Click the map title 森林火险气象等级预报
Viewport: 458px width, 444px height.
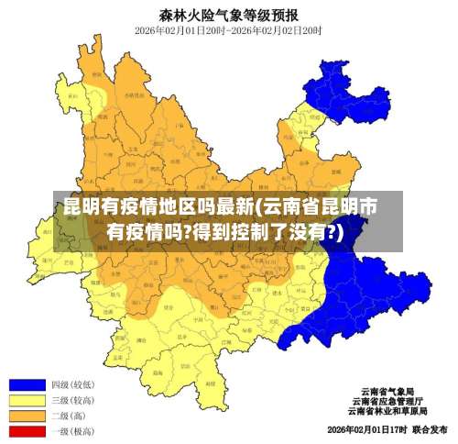click(228, 14)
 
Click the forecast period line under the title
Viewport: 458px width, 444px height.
click(228, 30)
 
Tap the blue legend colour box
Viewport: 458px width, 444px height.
click(27, 384)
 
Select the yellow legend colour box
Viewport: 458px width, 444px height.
click(27, 400)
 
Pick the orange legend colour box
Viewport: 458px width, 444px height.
click(27, 416)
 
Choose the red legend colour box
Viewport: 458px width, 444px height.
click(27, 430)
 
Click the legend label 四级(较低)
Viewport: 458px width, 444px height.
click(72, 384)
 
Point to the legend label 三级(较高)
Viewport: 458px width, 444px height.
click(72, 400)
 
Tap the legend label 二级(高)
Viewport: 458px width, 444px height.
click(68, 416)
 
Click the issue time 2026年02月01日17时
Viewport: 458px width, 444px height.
click(365, 429)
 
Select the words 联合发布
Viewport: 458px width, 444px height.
click(429, 429)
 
